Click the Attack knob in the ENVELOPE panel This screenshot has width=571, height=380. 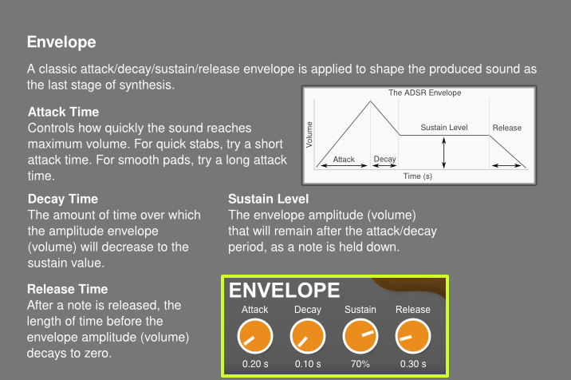tap(255, 336)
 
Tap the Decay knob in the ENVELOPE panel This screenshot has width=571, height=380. tap(308, 336)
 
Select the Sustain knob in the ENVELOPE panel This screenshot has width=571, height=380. tap(360, 336)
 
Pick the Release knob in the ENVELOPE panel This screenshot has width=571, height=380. tap(413, 336)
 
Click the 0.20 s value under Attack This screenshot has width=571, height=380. tap(255, 364)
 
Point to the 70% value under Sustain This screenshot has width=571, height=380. tap(360, 364)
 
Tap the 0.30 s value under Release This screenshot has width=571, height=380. tap(413, 364)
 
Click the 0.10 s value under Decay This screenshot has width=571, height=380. tap(308, 364)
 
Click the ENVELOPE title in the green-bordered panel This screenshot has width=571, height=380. tap(285, 291)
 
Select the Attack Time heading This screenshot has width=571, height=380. tap(63, 112)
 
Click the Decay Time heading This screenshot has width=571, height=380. tap(63, 199)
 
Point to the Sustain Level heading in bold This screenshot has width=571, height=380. tap(269, 199)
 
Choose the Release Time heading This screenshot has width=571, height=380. tap(67, 289)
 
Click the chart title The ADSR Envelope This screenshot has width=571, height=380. tap(424, 93)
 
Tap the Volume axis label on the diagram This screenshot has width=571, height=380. tap(309, 135)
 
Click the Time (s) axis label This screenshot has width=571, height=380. tap(418, 176)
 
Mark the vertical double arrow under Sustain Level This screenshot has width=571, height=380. tap(443, 152)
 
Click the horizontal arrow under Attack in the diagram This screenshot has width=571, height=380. tap(344, 165)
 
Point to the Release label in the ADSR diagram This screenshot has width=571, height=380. tap(507, 128)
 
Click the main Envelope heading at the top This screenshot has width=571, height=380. tap(61, 42)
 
